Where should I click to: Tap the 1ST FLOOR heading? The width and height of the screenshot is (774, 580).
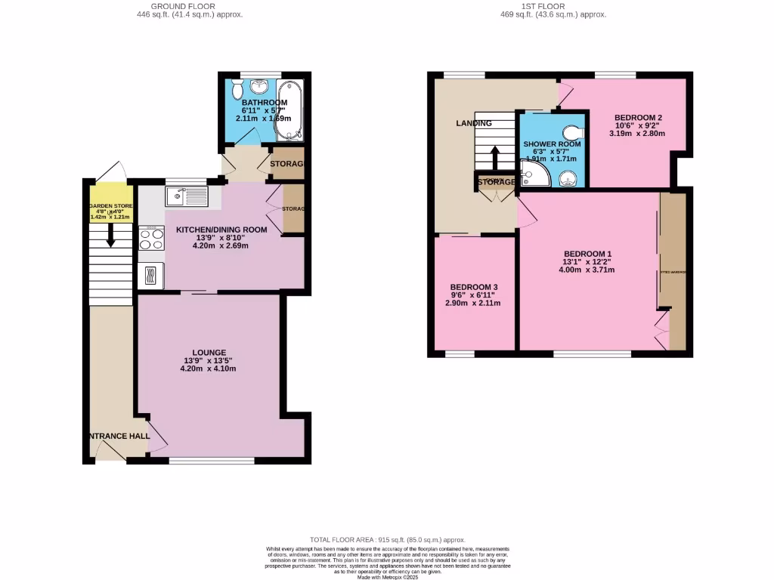(555, 6)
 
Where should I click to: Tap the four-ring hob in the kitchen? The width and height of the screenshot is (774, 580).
(152, 239)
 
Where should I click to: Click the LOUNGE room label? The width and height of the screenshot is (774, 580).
(209, 352)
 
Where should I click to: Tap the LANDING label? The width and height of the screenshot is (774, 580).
(474, 123)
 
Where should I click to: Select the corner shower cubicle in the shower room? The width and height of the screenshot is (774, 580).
(534, 174)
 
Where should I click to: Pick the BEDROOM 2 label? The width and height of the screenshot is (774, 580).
(638, 118)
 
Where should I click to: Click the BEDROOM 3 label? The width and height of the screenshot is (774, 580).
(475, 288)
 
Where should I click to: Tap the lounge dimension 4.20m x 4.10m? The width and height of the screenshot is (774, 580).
(209, 369)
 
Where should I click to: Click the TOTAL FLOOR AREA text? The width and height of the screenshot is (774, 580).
(387, 541)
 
